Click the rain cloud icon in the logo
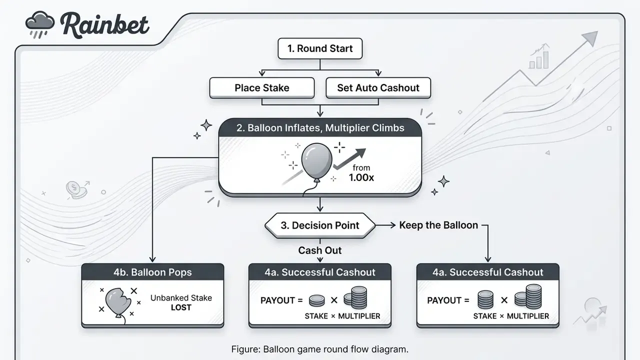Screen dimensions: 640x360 (x=39, y=24)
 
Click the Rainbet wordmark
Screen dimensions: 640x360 (x=105, y=25)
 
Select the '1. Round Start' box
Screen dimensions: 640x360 (x=320, y=48)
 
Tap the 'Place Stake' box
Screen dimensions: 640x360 (x=262, y=87)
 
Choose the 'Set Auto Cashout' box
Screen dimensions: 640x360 (x=378, y=87)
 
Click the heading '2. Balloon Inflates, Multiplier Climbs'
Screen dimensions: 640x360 (x=320, y=127)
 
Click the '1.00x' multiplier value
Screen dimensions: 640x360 (x=361, y=177)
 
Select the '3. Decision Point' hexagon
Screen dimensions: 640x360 (x=320, y=225)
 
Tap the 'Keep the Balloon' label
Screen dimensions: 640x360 (x=438, y=225)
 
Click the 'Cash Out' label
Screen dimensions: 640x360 (x=320, y=250)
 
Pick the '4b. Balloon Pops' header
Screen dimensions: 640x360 (x=152, y=272)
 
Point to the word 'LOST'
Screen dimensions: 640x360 (x=181, y=307)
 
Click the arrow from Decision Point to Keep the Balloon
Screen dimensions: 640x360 (x=385, y=225)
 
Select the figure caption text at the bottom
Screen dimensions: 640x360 (x=320, y=349)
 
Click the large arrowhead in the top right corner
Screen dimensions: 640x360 (x=590, y=38)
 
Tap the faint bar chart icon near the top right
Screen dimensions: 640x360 (x=539, y=56)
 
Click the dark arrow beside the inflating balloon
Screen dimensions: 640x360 (x=350, y=158)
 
